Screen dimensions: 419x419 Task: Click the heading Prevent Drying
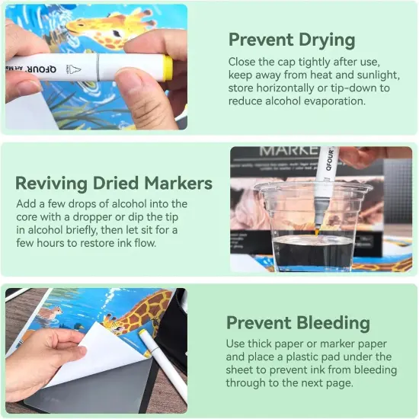[292, 40]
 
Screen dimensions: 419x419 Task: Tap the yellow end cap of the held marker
[168, 68]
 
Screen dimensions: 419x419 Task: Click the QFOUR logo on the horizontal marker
[41, 69]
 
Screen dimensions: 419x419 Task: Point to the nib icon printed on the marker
[73, 70]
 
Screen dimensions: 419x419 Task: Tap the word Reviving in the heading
[51, 184]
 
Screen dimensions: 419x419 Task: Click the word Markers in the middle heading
[178, 184]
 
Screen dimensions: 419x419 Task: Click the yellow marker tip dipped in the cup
[317, 231]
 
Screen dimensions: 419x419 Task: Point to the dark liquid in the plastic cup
[313, 252]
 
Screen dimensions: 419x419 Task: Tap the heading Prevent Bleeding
[298, 323]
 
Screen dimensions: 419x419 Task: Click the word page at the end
[340, 383]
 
